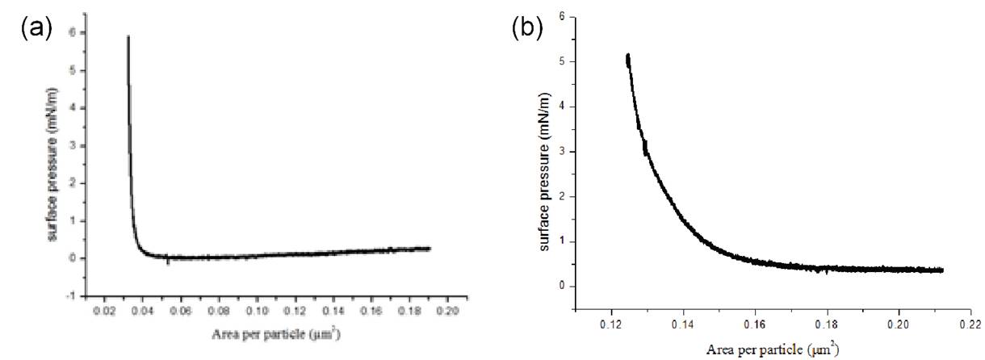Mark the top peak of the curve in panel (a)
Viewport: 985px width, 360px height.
[128, 36]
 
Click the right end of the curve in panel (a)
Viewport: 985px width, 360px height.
[430, 249]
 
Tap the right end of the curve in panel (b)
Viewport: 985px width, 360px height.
[942, 270]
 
